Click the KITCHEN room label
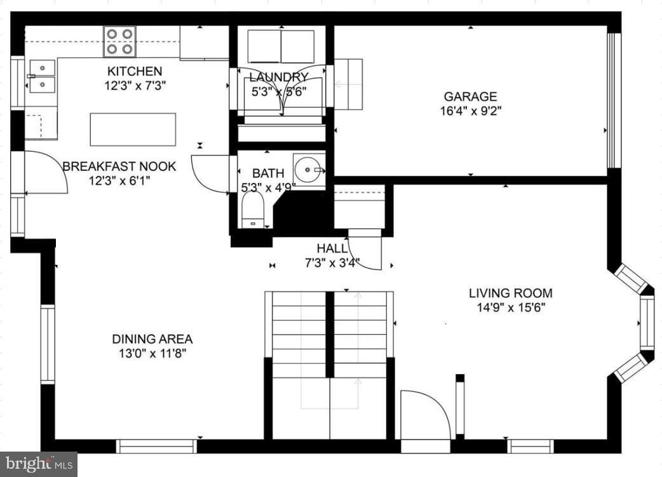pyautogui.click(x=134, y=71)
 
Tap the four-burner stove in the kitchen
pyautogui.click(x=119, y=41)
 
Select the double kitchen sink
pyautogui.click(x=42, y=76)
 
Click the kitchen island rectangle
pyautogui.click(x=133, y=130)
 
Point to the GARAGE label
pyautogui.click(x=470, y=97)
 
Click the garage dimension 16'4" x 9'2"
pyautogui.click(x=470, y=111)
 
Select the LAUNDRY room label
pyautogui.click(x=278, y=77)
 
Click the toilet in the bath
pyautogui.click(x=253, y=210)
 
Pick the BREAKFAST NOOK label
pyautogui.click(x=119, y=166)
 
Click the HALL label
pyautogui.click(x=332, y=248)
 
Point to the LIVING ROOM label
pyautogui.click(x=510, y=293)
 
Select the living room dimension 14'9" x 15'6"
pyautogui.click(x=510, y=307)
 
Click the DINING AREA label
pyautogui.click(x=152, y=339)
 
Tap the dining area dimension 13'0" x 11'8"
pyautogui.click(x=152, y=353)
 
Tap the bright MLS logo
pyautogui.click(x=38, y=464)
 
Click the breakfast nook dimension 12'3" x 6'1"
pyautogui.click(x=119, y=180)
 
